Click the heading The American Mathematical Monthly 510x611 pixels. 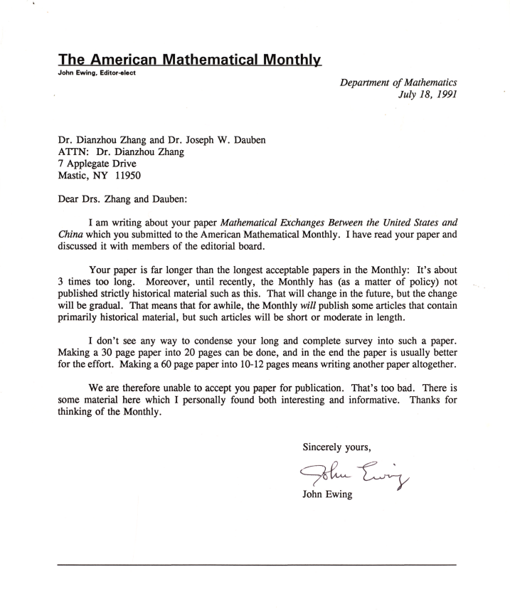190,59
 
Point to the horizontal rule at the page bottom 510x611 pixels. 257,565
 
